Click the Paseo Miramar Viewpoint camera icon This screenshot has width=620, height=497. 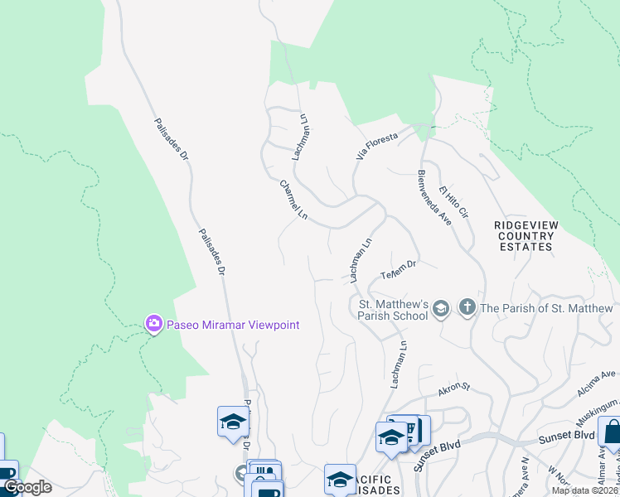pos(153,324)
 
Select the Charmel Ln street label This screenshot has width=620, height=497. pos(293,200)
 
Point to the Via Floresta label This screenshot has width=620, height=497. pos(377,144)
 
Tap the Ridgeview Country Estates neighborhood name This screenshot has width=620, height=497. pos(524,236)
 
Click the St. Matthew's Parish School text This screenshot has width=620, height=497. pos(393,310)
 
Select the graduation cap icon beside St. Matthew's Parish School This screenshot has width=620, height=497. pos(441,309)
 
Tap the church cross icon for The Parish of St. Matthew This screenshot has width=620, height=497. pos(467,308)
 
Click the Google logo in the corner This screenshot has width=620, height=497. pos(27,487)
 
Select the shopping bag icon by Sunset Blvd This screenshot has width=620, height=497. pos(611,432)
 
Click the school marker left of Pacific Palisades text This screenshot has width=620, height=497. pos(340,478)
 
